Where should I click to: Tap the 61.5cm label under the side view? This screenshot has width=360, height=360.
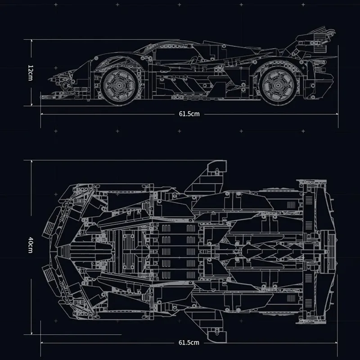189,114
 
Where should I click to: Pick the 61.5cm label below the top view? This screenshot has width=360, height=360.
189,342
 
